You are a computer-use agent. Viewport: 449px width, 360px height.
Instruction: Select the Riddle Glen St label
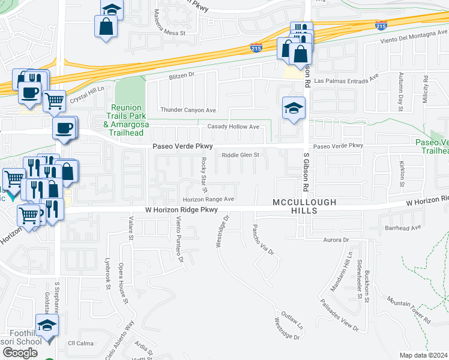(240, 155)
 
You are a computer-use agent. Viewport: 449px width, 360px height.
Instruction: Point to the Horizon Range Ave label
(208, 199)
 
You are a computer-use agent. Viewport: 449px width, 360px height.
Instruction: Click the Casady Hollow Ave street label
(233, 127)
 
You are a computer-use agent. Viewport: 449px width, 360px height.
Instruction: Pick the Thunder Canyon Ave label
(188, 110)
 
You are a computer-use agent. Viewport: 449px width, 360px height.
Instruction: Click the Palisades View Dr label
(339, 316)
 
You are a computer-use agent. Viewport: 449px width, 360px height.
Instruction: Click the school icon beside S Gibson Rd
(294, 109)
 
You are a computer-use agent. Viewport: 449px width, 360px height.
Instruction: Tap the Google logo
(20, 353)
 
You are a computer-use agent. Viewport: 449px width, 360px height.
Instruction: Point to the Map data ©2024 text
(424, 355)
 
